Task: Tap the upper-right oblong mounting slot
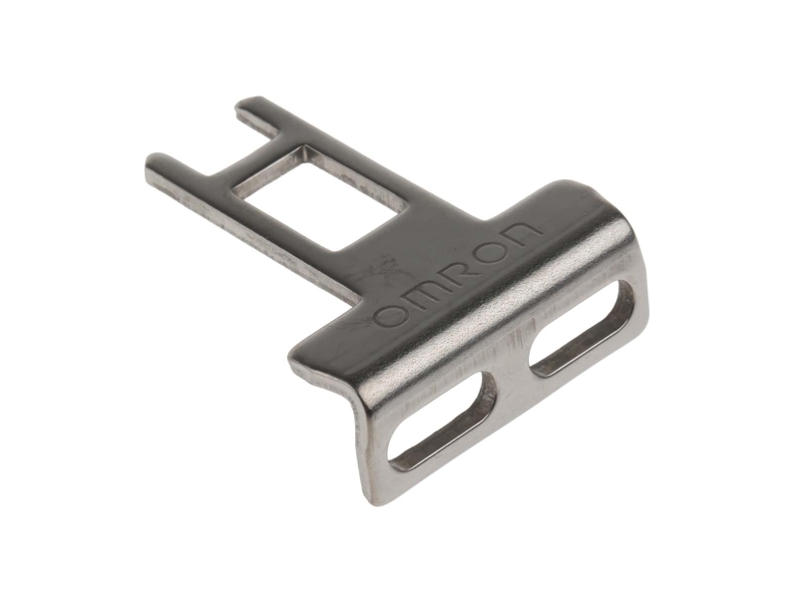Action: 581,329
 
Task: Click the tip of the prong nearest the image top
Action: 243,104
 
